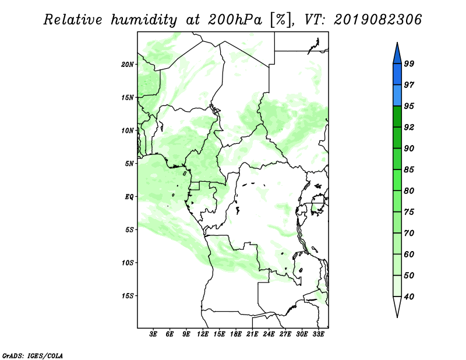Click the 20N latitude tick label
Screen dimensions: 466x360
(x=128, y=65)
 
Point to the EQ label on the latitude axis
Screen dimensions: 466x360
(x=129, y=197)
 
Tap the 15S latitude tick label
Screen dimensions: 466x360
(x=128, y=296)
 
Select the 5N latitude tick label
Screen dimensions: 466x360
(x=129, y=164)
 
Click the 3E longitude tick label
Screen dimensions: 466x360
(x=153, y=334)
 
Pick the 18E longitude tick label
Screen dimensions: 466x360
(x=236, y=334)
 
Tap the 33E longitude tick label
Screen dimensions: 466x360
(x=318, y=334)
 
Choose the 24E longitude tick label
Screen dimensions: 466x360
(x=269, y=334)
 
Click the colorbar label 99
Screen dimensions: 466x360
(x=409, y=63)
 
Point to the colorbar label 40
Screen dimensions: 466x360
(x=409, y=297)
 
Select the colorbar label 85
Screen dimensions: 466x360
(x=409, y=170)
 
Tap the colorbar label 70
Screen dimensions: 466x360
(x=409, y=233)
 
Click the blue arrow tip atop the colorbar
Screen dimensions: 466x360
(x=397, y=43)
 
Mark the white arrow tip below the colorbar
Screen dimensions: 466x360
(x=397, y=317)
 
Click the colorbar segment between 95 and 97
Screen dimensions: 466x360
(x=397, y=96)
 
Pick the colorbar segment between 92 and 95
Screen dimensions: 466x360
(x=397, y=117)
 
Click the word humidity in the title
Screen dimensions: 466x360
(x=144, y=20)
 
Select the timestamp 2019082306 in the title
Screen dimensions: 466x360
(x=377, y=20)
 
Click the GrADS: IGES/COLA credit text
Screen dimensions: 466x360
(x=33, y=356)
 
